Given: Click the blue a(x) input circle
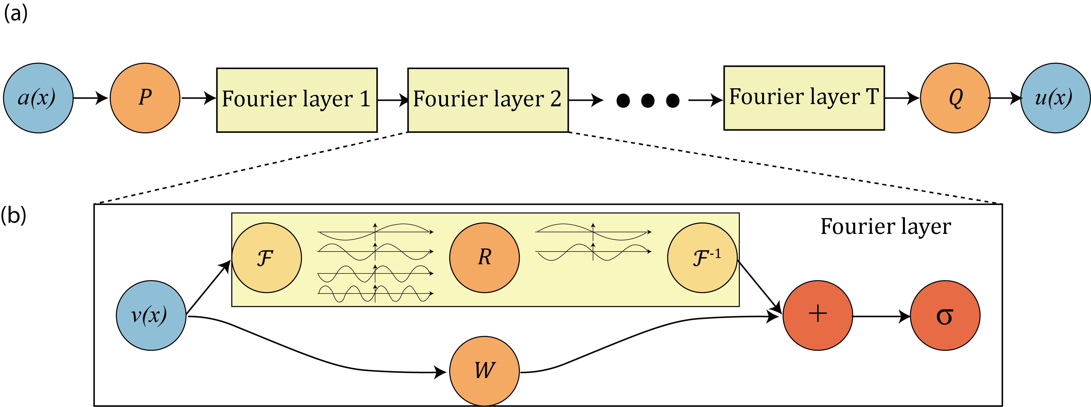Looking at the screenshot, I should click(38, 98).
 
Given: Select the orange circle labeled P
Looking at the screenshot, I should click(145, 98).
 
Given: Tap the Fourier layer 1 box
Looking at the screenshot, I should click(297, 100).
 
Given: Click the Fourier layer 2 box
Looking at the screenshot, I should click(487, 100).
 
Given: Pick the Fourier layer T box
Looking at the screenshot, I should click(804, 98).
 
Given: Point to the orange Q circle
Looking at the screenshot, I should click(955, 98).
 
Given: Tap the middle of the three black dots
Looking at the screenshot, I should click(648, 101).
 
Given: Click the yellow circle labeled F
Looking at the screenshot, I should click(267, 257).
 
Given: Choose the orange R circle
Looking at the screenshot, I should click(484, 257).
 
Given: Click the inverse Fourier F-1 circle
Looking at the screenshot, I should click(702, 257).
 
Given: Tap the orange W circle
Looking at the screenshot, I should click(484, 371).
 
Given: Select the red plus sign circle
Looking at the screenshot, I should click(817, 316).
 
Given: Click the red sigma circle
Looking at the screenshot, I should click(945, 316).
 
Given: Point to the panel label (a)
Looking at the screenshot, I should click(16, 13).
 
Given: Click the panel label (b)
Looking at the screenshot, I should click(13, 215).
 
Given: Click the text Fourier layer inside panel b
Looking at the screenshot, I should click(886, 227).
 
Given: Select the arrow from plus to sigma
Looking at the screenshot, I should click(881, 316).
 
